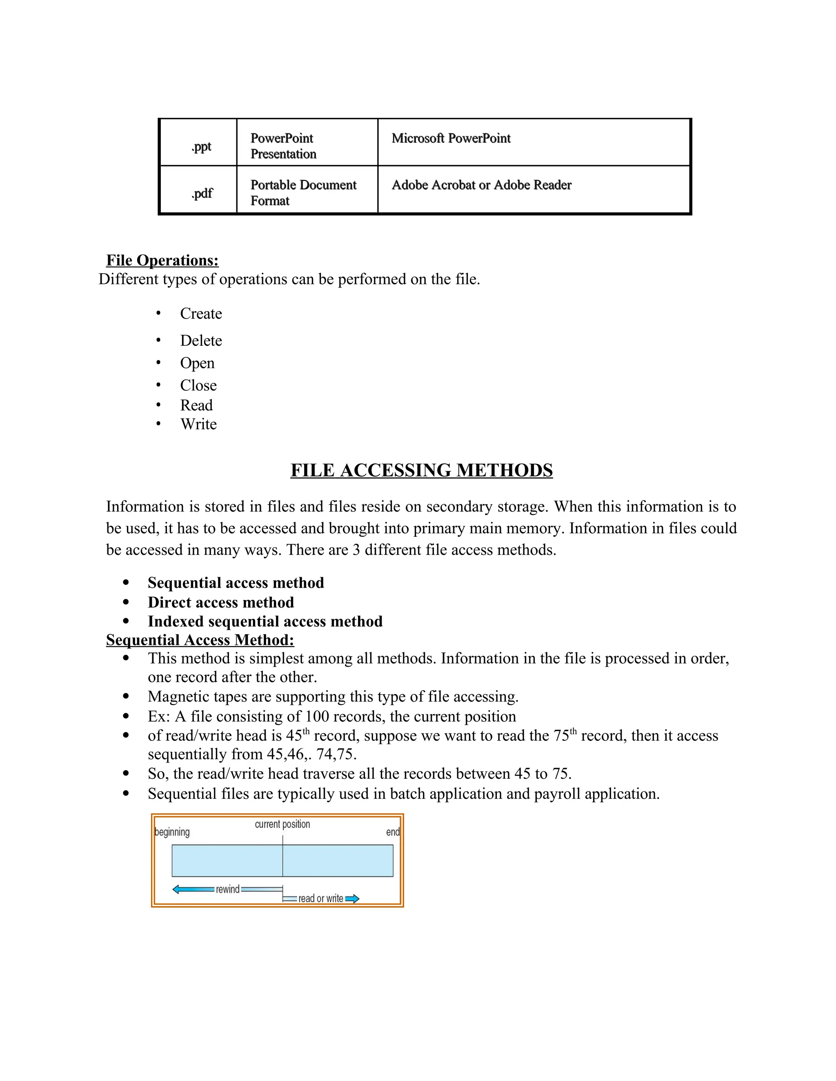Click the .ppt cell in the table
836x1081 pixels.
tap(201, 146)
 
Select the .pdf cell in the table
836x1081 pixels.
tap(202, 193)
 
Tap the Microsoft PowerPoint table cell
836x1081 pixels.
tap(451, 139)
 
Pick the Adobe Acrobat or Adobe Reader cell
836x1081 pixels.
tap(481, 185)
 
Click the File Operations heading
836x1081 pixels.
tap(162, 260)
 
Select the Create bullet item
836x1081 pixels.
tap(200, 313)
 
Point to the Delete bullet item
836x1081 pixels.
tap(200, 341)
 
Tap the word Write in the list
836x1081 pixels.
tap(198, 424)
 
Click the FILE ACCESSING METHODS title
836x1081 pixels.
tap(421, 470)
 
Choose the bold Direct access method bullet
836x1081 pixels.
tap(220, 603)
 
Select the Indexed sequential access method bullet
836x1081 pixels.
tap(265, 621)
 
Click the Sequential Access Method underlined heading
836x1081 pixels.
tap(200, 640)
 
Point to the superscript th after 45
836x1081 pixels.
tap(306, 731)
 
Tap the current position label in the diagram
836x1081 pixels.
tap(282, 824)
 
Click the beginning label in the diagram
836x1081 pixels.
tap(172, 832)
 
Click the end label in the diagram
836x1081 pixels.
tap(392, 832)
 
